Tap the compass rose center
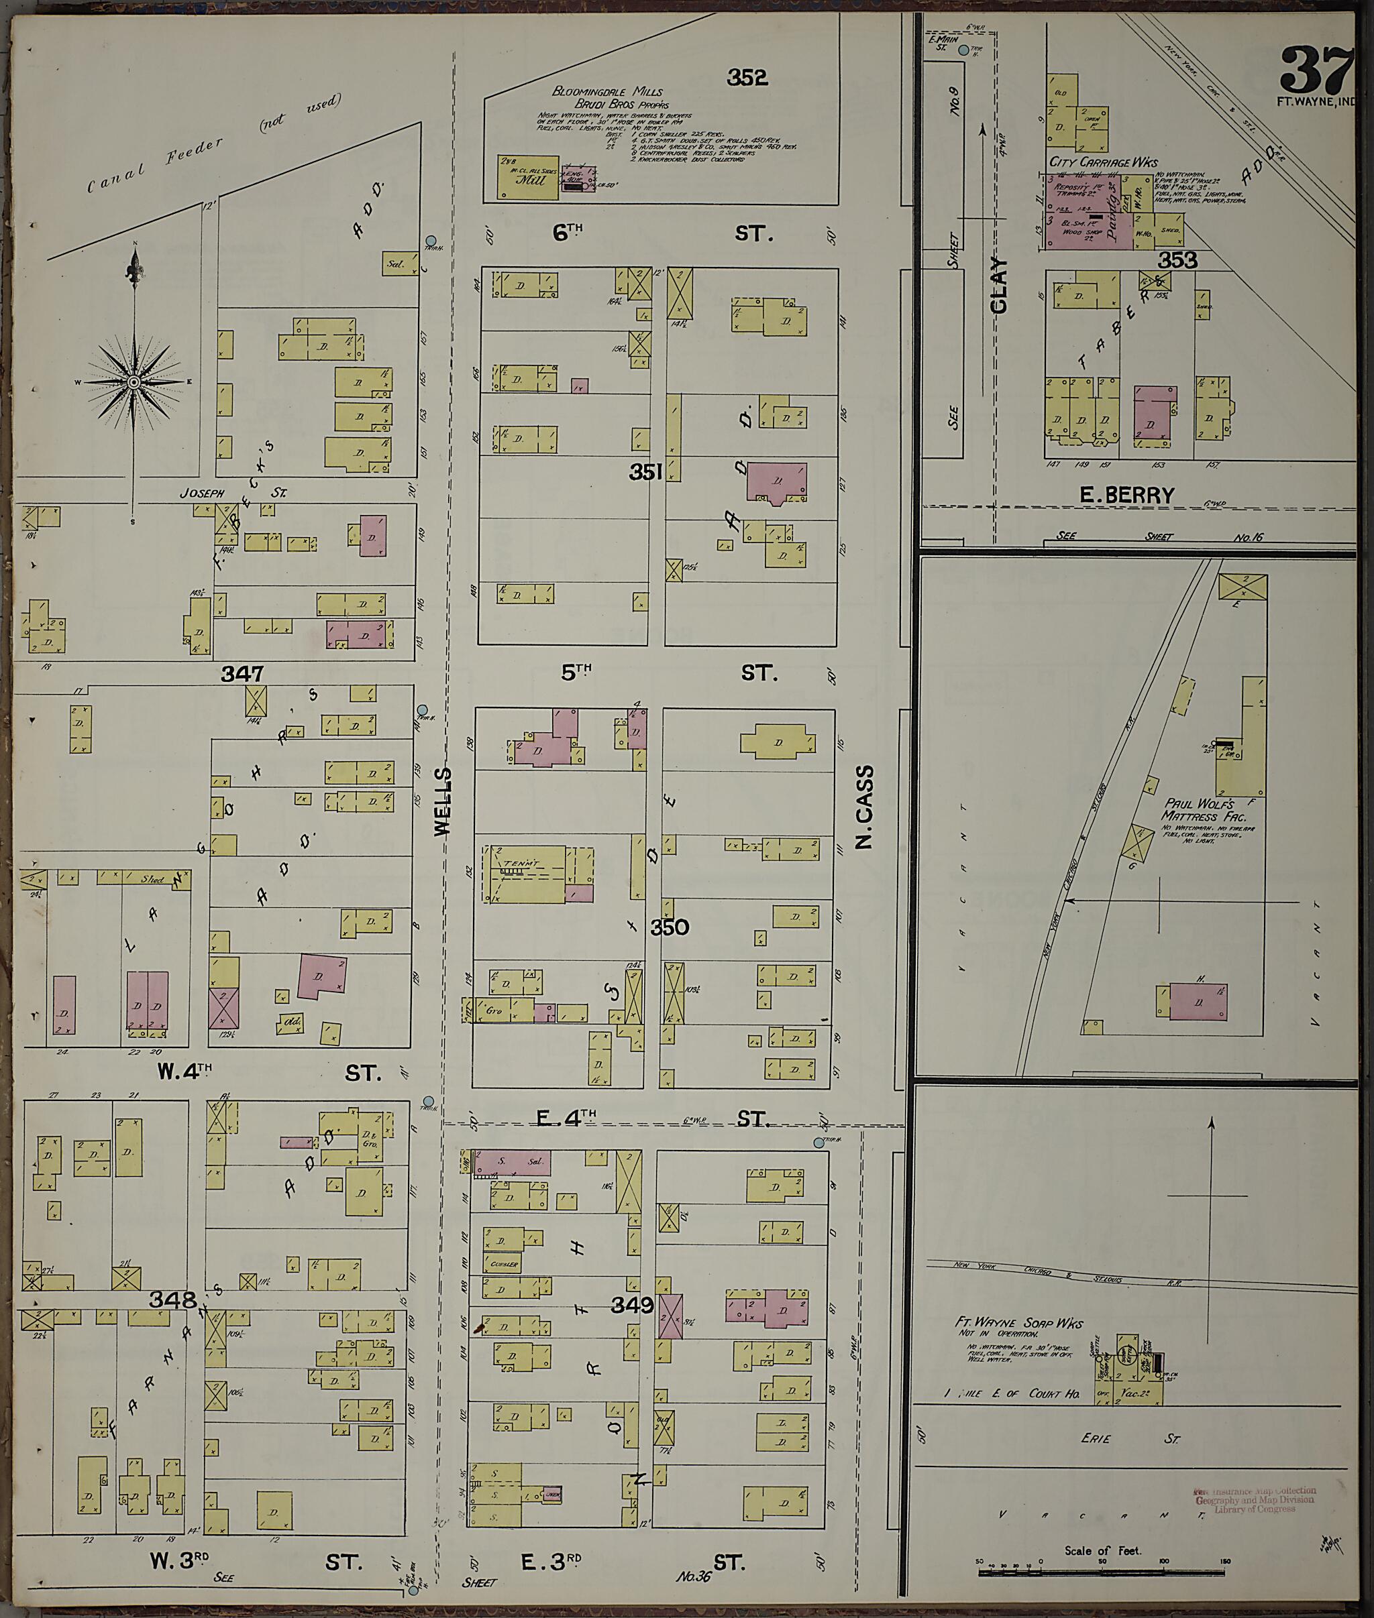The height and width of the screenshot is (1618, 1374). click(134, 382)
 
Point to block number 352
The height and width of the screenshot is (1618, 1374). click(746, 77)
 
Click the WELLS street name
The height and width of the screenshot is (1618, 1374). click(442, 801)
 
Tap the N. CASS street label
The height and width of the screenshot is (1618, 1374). click(864, 807)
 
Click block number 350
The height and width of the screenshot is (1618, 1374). click(669, 927)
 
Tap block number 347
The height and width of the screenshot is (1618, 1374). click(242, 673)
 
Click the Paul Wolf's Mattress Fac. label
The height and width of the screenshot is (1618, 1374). click(1204, 810)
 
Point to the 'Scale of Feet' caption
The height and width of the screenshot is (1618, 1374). click(1102, 1550)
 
